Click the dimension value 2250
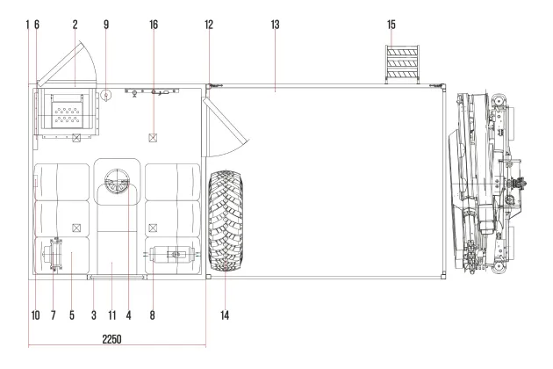111,339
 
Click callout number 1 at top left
27,25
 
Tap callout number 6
37,25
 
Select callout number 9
106,25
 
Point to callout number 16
154,25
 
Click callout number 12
209,25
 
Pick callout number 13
275,25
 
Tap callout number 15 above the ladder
391,25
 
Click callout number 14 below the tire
225,315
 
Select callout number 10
36,315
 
